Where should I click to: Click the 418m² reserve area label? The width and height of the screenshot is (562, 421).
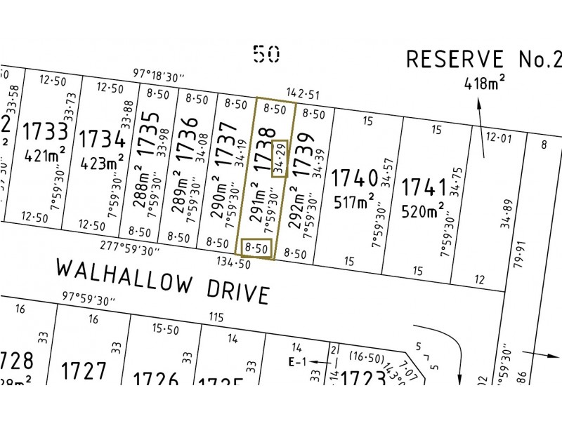(484, 85)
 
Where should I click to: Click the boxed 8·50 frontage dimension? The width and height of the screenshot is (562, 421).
(256, 248)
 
